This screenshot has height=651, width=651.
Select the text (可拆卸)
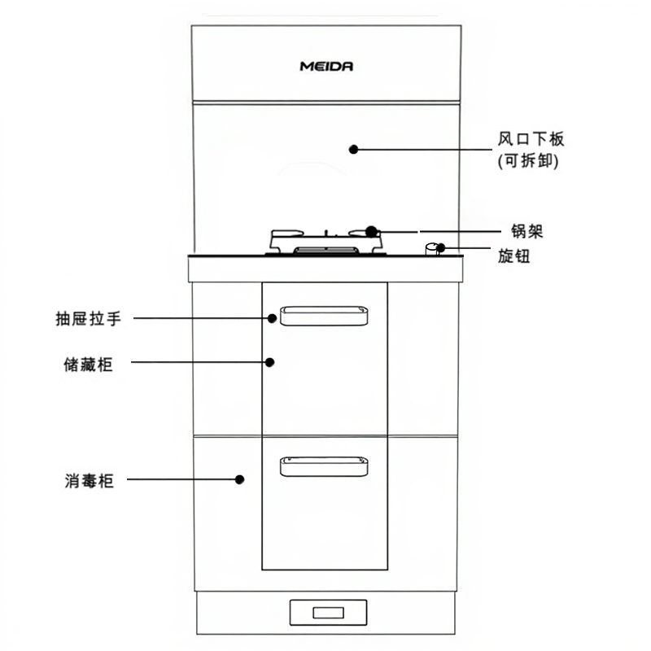527,161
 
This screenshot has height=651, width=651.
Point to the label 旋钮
513,256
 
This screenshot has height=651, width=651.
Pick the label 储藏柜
88,365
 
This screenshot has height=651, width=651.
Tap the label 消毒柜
89,482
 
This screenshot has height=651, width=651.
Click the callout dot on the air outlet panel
353,149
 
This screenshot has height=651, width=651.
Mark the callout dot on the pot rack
371,231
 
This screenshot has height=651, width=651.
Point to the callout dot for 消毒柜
239,480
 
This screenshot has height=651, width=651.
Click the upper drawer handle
323,316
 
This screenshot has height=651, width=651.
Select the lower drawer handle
323,465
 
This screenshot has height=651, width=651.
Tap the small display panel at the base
327,613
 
